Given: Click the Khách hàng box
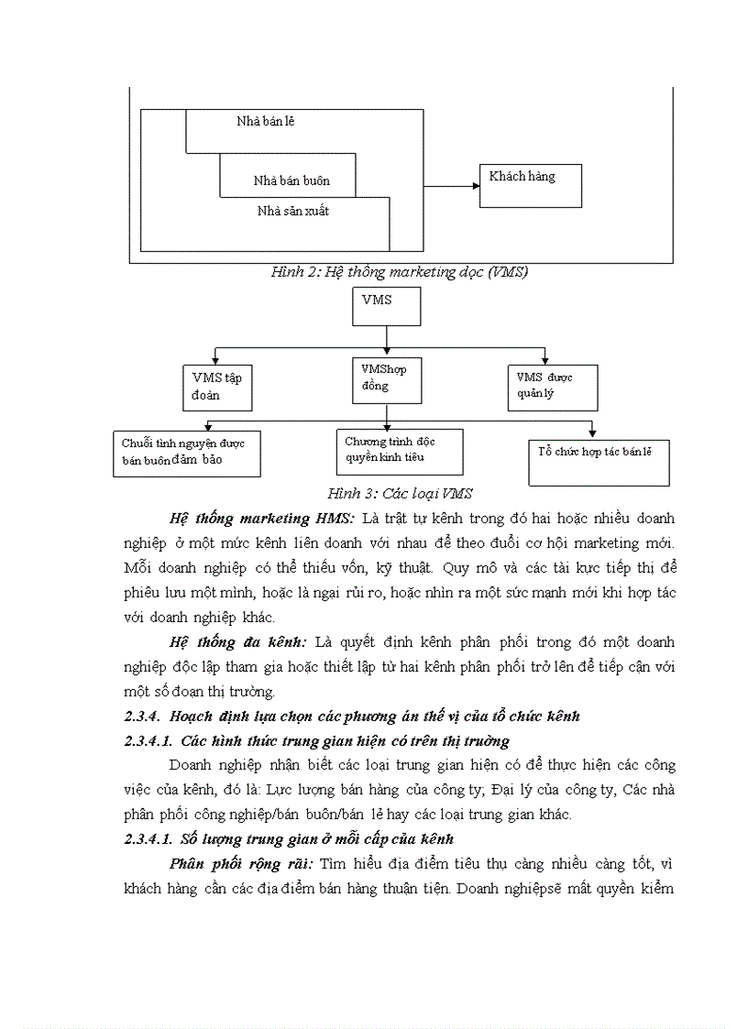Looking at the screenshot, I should pos(531,185).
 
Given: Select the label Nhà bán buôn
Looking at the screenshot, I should pos(291,181).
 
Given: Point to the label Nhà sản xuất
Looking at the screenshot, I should pos(293,212).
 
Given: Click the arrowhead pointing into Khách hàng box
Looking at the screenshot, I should pos(476,186).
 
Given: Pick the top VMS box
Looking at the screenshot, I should pos(386,307).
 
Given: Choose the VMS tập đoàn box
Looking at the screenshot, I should pos(217,388).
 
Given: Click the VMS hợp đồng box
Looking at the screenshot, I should pos(386,378).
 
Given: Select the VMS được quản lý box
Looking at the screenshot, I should pos(553,388).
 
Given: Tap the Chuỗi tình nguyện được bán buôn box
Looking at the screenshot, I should pos(186,453).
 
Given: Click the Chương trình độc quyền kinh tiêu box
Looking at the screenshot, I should pos(397,451).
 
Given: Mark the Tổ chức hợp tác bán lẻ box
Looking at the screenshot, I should pos(599,462).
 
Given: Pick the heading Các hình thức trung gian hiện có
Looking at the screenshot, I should pos(345,740).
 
